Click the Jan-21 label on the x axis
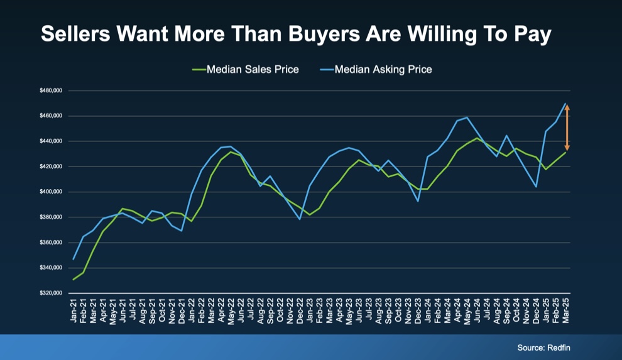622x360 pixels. click(74, 310)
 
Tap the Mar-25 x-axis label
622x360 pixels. click(566, 310)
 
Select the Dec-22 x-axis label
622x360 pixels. click(300, 310)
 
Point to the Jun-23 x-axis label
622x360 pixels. click(359, 310)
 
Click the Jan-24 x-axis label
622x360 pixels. click(428, 310)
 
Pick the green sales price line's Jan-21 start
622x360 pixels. click(74, 280)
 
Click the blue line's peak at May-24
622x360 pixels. click(467, 117)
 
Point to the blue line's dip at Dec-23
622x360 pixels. click(418, 201)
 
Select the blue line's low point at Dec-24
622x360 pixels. click(536, 187)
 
